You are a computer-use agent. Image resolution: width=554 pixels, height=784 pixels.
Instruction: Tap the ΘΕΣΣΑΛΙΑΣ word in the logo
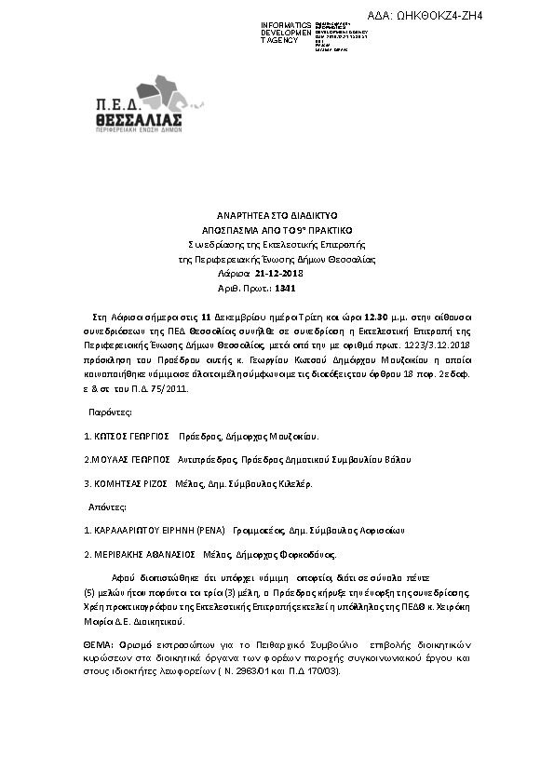[x=139, y=121]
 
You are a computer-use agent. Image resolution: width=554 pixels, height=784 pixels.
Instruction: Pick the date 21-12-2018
[x=279, y=274]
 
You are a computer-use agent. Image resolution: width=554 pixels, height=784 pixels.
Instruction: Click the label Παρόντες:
[x=111, y=411]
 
